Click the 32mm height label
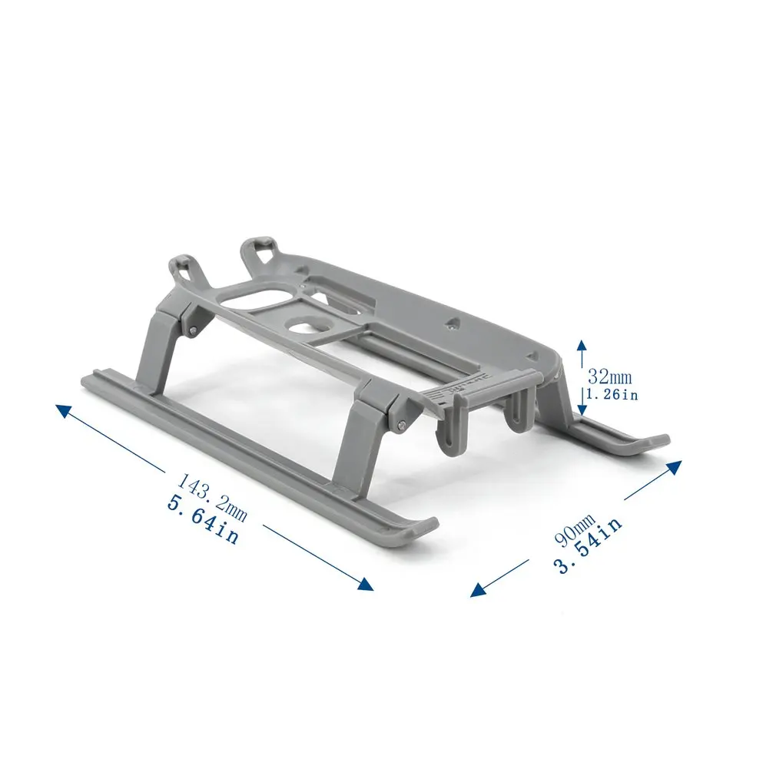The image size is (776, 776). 610,376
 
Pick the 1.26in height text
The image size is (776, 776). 612,395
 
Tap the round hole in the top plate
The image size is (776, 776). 305,328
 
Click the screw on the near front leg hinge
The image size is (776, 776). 402,424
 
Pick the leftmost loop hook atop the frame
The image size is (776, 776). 183,268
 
